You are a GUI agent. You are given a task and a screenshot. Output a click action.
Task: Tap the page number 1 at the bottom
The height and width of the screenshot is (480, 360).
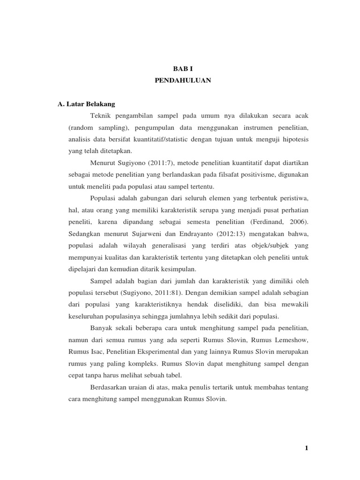306,448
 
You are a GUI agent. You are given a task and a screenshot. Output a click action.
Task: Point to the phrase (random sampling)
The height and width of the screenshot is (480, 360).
96,127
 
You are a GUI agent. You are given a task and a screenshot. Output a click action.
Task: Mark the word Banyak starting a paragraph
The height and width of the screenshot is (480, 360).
99,327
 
